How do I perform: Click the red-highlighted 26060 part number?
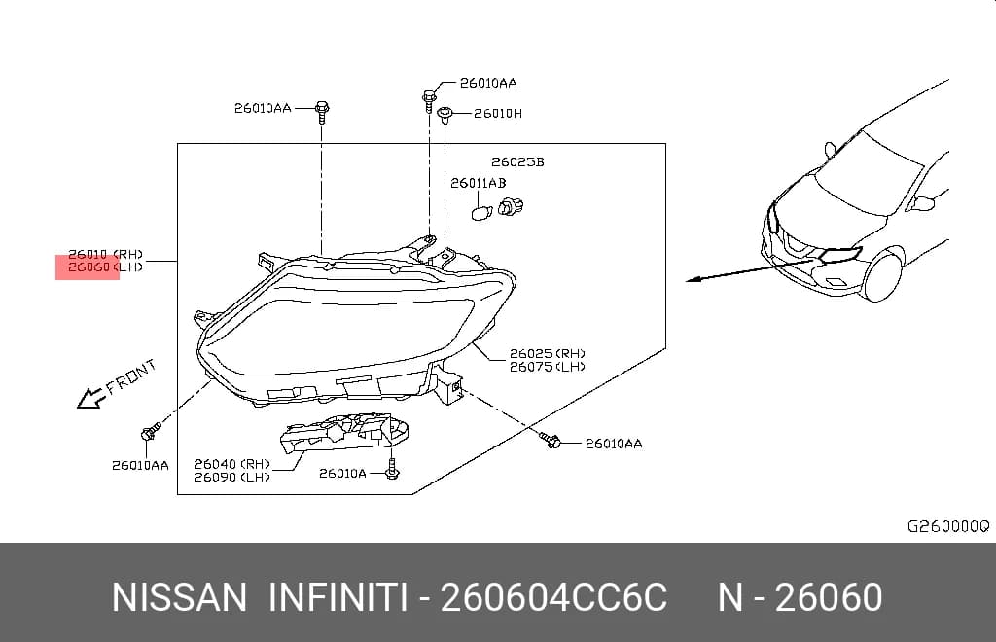point(89,267)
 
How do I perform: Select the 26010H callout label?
point(498,114)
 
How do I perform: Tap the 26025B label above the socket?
point(517,162)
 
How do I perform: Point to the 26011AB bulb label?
point(479,184)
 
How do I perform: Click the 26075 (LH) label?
point(547,367)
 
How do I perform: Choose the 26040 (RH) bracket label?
point(231,464)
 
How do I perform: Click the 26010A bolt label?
point(342,473)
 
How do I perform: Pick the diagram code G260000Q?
point(947,526)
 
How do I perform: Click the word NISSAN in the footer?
point(179,597)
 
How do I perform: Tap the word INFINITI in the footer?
point(338,597)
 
